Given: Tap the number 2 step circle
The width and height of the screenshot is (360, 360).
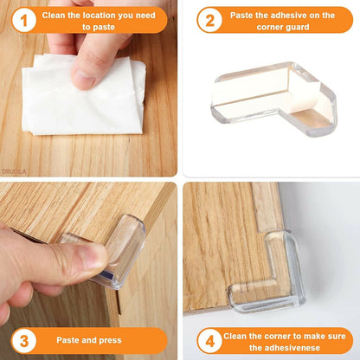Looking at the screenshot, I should click(209, 20).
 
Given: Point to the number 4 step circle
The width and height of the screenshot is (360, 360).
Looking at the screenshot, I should click(209, 339).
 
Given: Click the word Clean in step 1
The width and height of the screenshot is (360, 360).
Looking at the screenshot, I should click(55, 14).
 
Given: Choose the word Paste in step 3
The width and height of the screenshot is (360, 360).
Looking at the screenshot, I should click(71, 340).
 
